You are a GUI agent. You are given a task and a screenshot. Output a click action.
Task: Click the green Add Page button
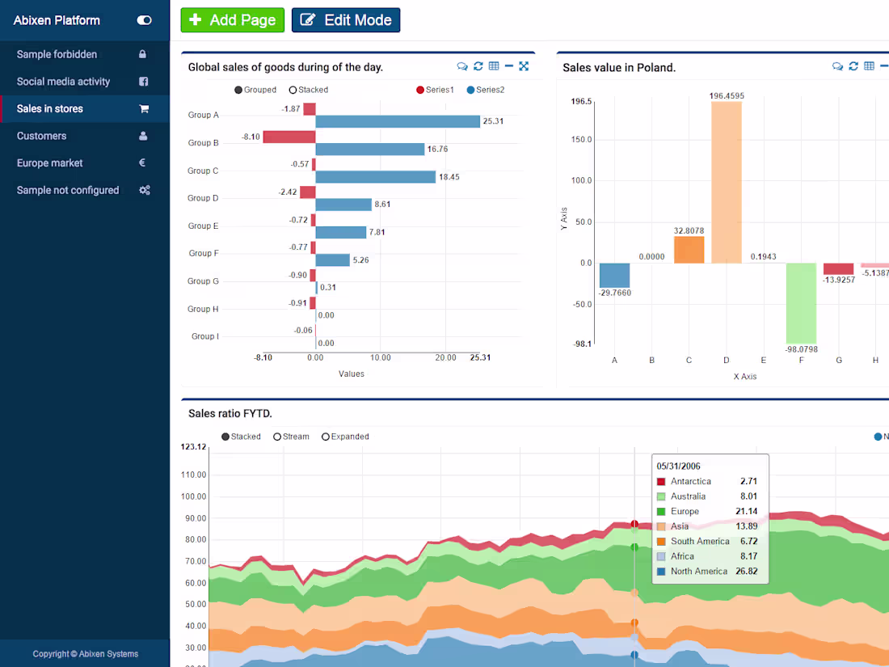232,20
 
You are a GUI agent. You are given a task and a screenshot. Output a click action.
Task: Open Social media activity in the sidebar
63,82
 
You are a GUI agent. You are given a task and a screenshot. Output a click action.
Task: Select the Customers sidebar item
42,136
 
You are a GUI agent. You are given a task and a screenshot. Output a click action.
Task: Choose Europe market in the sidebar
50,163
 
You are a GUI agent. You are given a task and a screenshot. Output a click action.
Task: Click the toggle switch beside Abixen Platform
144,20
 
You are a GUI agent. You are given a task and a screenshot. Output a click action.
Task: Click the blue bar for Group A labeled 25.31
398,121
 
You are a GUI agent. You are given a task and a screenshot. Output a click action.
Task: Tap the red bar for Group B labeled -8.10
289,137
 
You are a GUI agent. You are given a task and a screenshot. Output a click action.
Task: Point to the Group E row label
203,226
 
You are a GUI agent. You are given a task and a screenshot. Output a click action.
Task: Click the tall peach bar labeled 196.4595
726,182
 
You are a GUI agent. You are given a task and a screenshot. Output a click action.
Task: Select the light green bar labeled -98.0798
801,303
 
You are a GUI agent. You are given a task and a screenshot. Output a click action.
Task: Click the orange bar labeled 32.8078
689,249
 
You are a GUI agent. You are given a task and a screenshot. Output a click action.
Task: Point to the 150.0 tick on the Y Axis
581,140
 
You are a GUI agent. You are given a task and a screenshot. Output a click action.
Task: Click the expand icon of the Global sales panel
524,66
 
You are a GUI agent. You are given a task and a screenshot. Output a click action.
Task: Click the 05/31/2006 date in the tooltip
678,466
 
